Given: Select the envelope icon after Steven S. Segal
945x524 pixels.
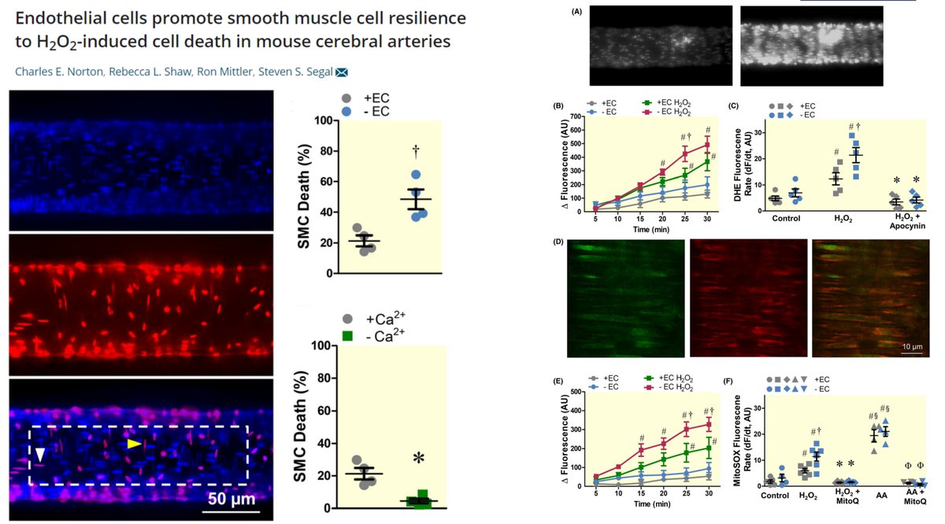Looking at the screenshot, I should (x=342, y=72).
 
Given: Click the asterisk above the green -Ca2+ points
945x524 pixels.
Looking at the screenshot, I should (x=418, y=459).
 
